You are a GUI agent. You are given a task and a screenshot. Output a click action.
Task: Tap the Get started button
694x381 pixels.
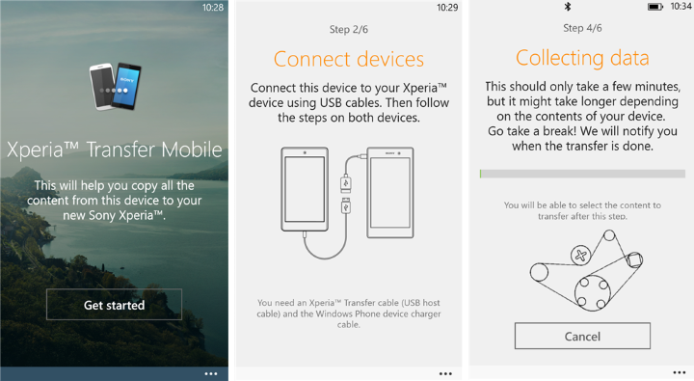coord(114,305)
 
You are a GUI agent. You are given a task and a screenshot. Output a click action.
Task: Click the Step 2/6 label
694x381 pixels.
coord(349,29)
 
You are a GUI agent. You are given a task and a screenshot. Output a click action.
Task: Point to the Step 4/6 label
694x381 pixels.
coord(582,28)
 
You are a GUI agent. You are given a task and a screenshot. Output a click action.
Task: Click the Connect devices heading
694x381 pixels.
coord(349,59)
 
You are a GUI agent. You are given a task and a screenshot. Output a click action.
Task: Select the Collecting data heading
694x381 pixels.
coord(582,58)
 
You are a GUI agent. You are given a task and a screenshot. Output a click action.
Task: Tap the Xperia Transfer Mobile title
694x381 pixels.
coord(114,150)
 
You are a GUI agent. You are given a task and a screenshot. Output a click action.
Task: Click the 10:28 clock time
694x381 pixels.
coord(213,7)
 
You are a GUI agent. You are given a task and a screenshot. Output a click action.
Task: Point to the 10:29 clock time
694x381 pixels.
coord(447,7)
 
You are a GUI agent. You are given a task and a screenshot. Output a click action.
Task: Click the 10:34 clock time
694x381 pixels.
coord(681,6)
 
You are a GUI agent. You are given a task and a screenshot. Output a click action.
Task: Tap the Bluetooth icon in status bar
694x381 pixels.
coord(568,6)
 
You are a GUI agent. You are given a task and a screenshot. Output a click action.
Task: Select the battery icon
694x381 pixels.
coord(655,7)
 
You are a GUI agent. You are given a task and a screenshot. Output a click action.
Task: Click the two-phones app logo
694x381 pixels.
coord(115,86)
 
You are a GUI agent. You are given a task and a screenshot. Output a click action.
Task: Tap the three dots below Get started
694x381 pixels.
coord(211,374)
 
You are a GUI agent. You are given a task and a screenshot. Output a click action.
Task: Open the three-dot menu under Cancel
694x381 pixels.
coord(679,373)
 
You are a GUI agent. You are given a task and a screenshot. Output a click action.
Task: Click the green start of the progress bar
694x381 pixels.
coord(481,174)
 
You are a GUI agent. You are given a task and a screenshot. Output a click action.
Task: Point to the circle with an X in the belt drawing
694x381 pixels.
coord(580,256)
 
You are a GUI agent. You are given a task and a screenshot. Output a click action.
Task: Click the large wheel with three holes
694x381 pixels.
coord(593,292)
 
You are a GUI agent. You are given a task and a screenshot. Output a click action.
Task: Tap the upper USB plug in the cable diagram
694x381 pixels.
coord(346,183)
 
